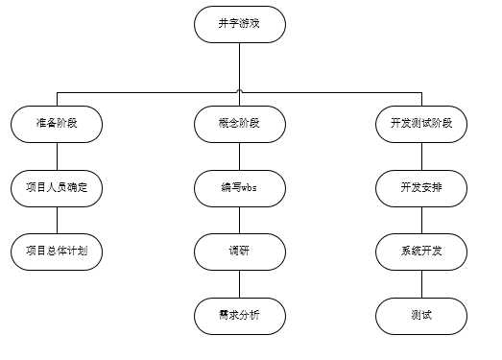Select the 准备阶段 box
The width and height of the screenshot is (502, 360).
(x=56, y=125)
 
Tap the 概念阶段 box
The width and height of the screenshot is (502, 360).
(x=239, y=125)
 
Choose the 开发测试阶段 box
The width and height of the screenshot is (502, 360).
(x=421, y=125)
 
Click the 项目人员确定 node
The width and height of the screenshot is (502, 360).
(x=56, y=188)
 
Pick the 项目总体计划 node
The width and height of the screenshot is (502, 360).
(x=56, y=252)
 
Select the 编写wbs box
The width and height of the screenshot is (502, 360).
(x=239, y=188)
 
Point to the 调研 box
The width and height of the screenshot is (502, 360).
(x=239, y=252)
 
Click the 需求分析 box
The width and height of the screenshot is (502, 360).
(x=239, y=315)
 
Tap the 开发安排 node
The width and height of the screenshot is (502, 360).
(x=421, y=188)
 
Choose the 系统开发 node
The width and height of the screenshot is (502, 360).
(x=421, y=252)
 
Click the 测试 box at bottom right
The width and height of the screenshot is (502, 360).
(x=421, y=315)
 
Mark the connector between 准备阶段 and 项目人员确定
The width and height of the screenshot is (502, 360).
(x=56, y=156)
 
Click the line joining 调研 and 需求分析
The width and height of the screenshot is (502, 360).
(x=239, y=283)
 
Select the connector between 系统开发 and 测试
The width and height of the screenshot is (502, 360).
(x=421, y=283)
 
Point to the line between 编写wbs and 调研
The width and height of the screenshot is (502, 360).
(x=239, y=220)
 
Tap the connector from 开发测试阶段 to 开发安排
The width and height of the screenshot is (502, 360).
(x=421, y=156)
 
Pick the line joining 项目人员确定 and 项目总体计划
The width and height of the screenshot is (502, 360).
(x=56, y=220)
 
